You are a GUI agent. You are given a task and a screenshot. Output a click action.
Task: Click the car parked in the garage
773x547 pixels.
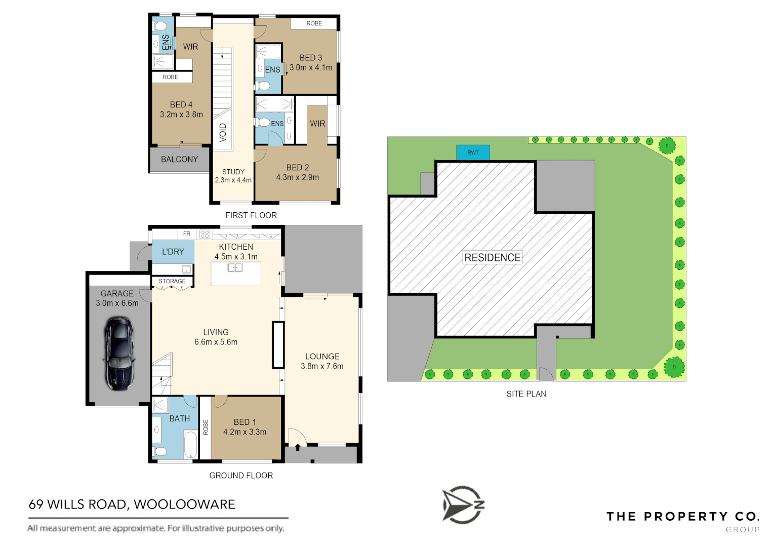(119, 354)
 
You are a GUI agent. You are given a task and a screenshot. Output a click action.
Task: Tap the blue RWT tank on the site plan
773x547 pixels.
(473, 152)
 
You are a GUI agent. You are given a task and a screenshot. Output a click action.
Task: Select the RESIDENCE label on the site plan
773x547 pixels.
(492, 257)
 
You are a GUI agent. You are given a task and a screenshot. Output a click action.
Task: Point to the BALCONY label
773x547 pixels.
(179, 160)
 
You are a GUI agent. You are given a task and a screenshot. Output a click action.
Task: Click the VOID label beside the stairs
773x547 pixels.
(223, 133)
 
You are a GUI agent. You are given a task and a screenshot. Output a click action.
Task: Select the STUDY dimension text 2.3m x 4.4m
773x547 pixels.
(233, 180)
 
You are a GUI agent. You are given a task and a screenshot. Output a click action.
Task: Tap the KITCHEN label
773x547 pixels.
(236, 247)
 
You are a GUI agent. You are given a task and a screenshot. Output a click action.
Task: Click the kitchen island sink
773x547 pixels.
(235, 267)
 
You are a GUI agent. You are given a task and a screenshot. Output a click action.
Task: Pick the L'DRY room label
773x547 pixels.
(173, 252)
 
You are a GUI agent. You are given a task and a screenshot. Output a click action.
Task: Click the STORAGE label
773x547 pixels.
(172, 281)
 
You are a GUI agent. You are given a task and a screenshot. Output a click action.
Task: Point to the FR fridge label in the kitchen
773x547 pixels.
(187, 234)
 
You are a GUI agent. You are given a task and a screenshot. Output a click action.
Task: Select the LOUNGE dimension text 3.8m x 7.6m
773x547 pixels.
(322, 367)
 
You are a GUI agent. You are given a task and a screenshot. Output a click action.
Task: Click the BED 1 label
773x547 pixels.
(245, 422)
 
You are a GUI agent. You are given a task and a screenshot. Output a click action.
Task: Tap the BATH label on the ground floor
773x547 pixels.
(180, 418)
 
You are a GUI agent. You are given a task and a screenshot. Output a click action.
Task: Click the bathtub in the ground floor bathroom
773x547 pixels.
(190, 444)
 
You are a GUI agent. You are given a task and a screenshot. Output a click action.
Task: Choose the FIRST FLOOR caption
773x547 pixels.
(251, 215)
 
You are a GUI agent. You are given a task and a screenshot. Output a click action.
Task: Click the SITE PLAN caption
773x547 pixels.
(526, 394)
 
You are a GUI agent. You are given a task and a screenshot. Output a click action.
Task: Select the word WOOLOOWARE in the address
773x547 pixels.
(184, 504)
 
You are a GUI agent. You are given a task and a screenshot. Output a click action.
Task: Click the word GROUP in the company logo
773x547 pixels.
(743, 530)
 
